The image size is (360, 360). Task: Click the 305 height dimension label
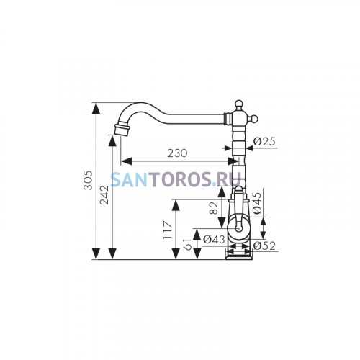[x=88, y=180]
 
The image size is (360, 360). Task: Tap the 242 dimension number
[x=104, y=195]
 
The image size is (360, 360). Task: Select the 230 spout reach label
[x=177, y=153]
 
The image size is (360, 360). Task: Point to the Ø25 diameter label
[x=264, y=142]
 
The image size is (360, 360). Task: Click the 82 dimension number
[x=214, y=208]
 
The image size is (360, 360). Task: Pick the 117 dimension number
[x=168, y=230]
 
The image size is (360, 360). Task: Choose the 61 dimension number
[x=189, y=245]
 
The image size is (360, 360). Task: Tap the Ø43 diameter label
[x=214, y=240]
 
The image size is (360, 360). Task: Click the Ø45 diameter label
[x=256, y=203]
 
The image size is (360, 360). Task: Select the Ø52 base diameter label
[x=264, y=246]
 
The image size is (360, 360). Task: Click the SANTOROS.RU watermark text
[x=176, y=179]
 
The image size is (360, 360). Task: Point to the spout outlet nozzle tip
[x=122, y=129]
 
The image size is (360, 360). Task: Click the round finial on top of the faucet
[x=238, y=104]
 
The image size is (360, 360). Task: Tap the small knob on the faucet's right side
[x=254, y=118]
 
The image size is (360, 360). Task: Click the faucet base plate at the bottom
[x=239, y=258]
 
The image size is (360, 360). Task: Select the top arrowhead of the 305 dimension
[x=96, y=109]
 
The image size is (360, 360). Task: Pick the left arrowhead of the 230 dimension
[x=127, y=161]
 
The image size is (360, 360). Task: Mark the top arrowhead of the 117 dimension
[x=176, y=205]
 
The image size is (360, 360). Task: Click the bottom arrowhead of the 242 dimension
[x=112, y=253]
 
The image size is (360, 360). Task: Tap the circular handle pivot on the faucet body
[x=238, y=228]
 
